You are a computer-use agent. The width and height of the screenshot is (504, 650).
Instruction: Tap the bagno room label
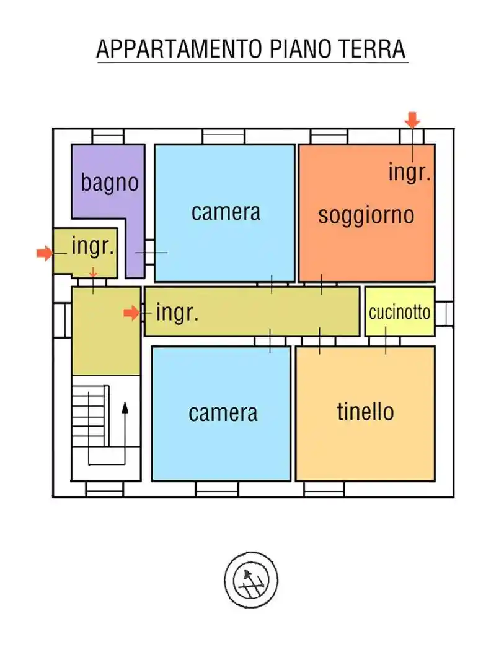point(109,183)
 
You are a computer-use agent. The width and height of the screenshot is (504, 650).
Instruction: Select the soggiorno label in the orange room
point(366,215)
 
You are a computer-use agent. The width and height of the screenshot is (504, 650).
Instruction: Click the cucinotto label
point(399,312)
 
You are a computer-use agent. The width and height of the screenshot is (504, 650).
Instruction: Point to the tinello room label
point(365,411)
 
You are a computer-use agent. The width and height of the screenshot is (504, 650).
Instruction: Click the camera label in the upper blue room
point(226,212)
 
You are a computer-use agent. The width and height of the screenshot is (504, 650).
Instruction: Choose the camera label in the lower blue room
point(223,412)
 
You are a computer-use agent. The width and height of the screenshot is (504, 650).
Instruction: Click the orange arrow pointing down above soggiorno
point(413,119)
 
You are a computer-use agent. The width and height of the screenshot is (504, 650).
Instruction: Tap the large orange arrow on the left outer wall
point(45,253)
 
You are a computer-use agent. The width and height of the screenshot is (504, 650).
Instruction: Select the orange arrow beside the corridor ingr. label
point(131,313)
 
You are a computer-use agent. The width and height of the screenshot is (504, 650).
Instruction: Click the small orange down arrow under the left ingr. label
point(93,272)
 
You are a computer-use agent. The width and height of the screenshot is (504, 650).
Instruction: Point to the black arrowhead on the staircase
point(125,407)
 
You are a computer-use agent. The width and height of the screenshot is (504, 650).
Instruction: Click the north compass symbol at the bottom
point(250,580)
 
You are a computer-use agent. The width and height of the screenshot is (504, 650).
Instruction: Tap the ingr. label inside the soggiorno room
point(409,171)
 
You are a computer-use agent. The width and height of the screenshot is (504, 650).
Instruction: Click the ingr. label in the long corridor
point(177,313)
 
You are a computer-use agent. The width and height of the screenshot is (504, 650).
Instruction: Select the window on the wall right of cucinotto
point(444,313)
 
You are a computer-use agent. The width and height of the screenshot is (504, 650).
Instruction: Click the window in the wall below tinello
point(324,489)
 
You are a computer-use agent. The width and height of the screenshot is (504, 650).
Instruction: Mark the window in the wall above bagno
point(108,136)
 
